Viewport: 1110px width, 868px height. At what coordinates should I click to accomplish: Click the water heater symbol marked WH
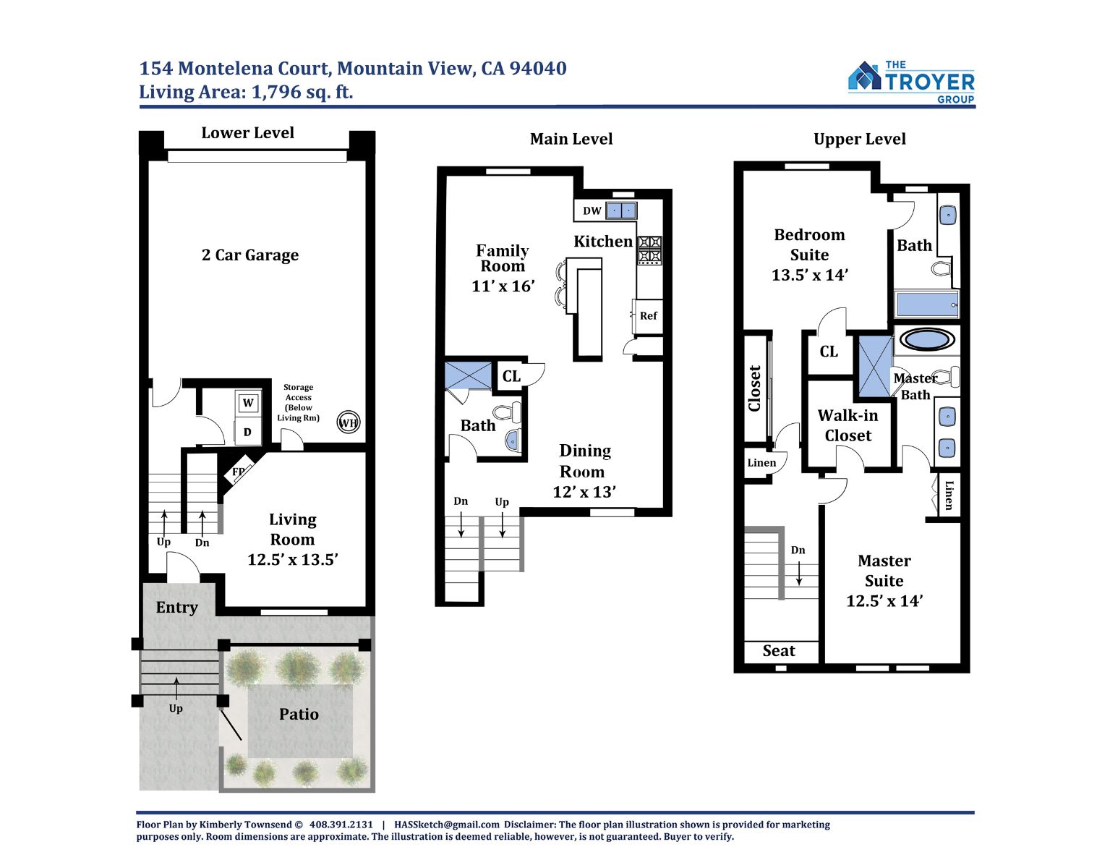(349, 422)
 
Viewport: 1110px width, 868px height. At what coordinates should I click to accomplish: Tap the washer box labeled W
(248, 403)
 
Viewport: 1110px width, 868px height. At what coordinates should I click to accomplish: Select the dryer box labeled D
(248, 432)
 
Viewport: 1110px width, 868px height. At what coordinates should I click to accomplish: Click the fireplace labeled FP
(239, 471)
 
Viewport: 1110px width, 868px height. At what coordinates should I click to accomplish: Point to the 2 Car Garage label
(249, 255)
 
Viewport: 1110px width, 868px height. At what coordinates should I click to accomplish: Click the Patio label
(299, 714)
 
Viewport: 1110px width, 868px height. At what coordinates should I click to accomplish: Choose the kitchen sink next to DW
(621, 210)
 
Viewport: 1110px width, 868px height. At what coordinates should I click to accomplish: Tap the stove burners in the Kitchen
(650, 250)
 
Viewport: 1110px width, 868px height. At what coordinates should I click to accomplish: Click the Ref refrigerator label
(648, 315)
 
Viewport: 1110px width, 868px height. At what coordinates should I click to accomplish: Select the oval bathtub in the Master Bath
(926, 339)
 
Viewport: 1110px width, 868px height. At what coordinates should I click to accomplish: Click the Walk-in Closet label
(848, 425)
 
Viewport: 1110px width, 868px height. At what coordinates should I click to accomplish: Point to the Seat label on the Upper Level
(779, 650)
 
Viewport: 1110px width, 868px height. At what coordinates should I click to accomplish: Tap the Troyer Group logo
(911, 82)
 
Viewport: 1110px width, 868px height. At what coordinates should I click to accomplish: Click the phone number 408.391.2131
(341, 824)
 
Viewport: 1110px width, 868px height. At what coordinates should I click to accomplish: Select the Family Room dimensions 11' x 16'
(503, 286)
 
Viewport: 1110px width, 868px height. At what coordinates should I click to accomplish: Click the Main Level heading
(571, 138)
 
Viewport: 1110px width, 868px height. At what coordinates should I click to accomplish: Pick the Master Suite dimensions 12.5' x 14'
(884, 600)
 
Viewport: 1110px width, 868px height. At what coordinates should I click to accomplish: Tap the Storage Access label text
(299, 402)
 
